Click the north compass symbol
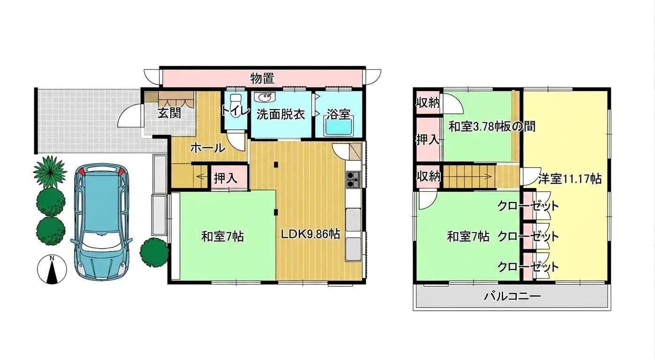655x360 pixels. [x=52, y=270]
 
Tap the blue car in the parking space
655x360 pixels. [x=101, y=222]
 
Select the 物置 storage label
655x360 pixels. [x=262, y=78]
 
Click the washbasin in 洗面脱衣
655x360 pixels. [x=265, y=97]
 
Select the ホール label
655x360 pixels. [x=208, y=149]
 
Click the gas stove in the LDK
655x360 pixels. [x=353, y=179]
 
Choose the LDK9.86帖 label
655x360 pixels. [x=310, y=234]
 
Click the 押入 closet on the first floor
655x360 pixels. [x=226, y=178]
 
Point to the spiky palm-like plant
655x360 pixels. [x=50, y=172]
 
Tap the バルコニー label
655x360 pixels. [x=512, y=297]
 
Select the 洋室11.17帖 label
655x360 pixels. [x=570, y=179]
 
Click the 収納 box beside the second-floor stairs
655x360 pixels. [x=429, y=177]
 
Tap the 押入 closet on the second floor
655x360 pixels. [x=428, y=140]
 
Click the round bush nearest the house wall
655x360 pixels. [x=154, y=252]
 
